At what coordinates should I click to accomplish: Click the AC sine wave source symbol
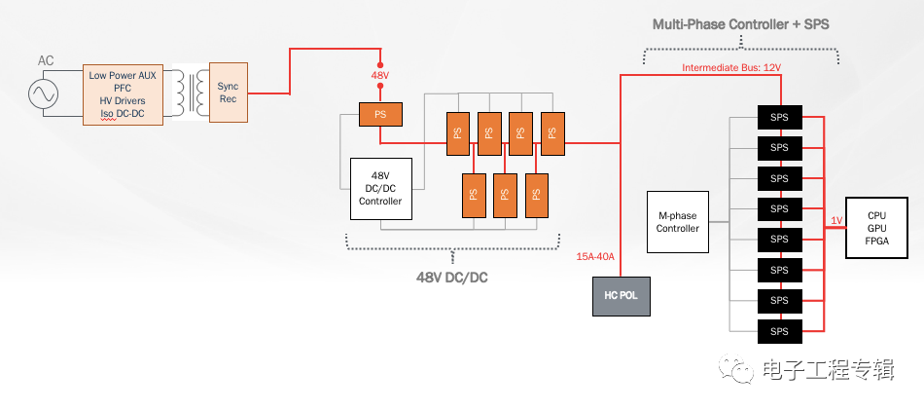coord(44,93)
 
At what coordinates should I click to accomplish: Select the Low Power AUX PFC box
coord(123,94)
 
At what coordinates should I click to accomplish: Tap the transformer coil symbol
coord(191,93)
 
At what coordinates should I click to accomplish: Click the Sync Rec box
coord(228,93)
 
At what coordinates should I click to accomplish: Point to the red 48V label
coord(380,75)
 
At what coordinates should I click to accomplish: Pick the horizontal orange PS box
coord(380,115)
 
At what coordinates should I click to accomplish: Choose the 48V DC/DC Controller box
coord(380,189)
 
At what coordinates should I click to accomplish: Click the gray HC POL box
coord(622,296)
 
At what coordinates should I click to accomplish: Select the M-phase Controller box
coord(678,222)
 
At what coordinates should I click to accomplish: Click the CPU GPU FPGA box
coord(877,228)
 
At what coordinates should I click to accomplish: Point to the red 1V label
coord(836,221)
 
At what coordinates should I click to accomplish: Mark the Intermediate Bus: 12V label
coord(731,68)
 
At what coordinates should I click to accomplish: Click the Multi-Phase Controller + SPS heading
coord(741,24)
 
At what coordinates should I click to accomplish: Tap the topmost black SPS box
coord(779,117)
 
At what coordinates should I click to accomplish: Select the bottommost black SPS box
coord(779,331)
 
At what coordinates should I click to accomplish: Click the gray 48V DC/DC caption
coord(452,278)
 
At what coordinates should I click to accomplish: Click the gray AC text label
coord(46,60)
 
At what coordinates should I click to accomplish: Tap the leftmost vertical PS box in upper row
coord(458,133)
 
